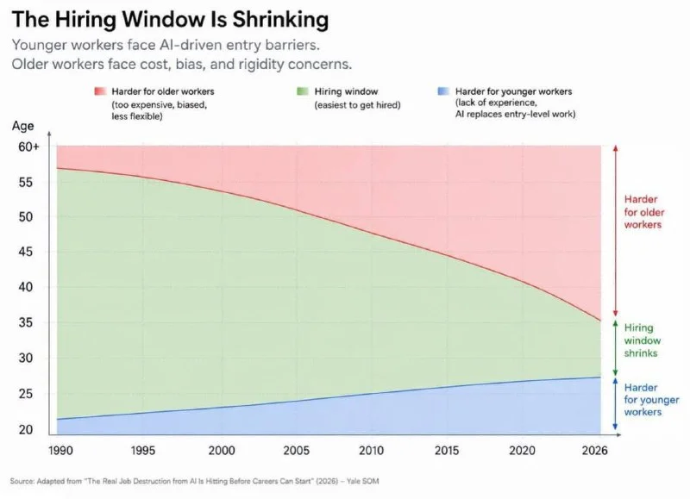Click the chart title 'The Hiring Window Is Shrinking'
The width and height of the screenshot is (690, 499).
pos(170,20)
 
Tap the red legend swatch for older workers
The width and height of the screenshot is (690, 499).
pos(100,91)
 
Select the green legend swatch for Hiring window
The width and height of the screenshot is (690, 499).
pos(303,91)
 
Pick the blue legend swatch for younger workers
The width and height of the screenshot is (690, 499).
pos(443,91)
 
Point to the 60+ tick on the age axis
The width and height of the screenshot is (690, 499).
pos(28,147)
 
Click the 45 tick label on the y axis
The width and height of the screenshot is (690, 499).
pos(26,252)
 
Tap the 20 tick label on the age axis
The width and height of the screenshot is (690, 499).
pos(26,429)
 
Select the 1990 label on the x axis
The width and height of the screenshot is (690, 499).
pos(60,451)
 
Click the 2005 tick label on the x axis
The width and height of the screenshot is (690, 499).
pos(297,451)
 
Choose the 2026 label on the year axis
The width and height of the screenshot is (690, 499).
pos(594,451)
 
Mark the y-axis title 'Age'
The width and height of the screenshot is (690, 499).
pos(23,126)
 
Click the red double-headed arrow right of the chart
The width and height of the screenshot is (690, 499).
pos(616,231)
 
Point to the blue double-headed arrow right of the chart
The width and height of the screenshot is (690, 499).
pos(616,403)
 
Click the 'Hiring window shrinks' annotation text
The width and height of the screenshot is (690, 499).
pos(643,340)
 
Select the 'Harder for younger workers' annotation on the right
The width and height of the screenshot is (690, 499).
pos(651,400)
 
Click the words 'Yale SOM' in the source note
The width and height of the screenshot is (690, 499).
pos(362,481)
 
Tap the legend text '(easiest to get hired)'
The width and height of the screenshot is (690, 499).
pos(357,105)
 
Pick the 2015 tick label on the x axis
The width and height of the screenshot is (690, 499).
pos(447,451)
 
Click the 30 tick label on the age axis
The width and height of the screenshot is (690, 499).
pos(26,359)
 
